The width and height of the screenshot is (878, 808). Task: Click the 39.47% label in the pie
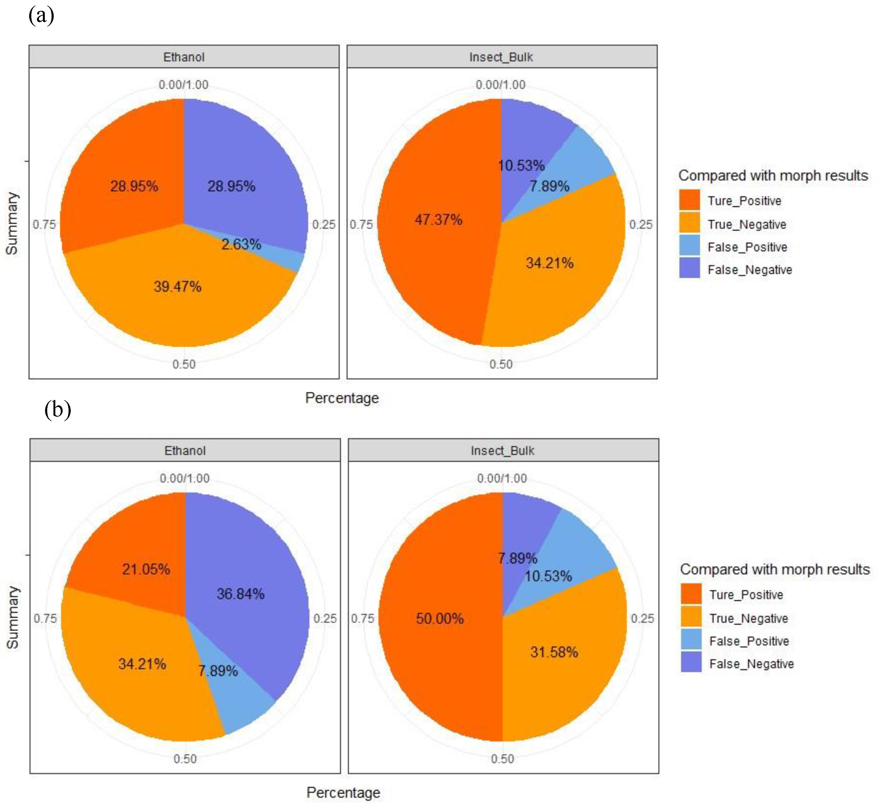pyautogui.click(x=178, y=287)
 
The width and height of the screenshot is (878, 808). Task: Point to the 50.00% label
pyautogui.click(x=439, y=618)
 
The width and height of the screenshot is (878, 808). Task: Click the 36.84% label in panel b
pyautogui.click(x=240, y=594)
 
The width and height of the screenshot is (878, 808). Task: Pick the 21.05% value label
pyautogui.click(x=145, y=569)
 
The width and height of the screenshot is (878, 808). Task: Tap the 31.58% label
pyautogui.click(x=554, y=652)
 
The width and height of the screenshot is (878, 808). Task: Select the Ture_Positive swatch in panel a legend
pyautogui.click(x=690, y=200)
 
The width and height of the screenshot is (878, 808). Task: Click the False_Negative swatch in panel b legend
pyautogui.click(x=691, y=663)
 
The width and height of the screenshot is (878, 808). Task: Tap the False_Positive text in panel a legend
pyautogui.click(x=747, y=247)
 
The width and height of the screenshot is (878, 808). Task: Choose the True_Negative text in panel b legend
pyautogui.click(x=748, y=618)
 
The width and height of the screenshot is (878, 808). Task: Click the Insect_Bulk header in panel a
pyautogui.click(x=501, y=57)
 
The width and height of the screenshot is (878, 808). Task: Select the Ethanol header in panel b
pyautogui.click(x=185, y=451)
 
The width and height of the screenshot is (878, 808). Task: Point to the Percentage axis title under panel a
pyautogui.click(x=342, y=398)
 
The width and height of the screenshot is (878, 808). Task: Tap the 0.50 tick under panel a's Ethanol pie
pyautogui.click(x=184, y=364)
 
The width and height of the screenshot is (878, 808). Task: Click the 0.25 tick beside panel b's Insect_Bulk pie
pyautogui.click(x=642, y=618)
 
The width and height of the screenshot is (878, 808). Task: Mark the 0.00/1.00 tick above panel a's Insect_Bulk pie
pyautogui.click(x=501, y=84)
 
